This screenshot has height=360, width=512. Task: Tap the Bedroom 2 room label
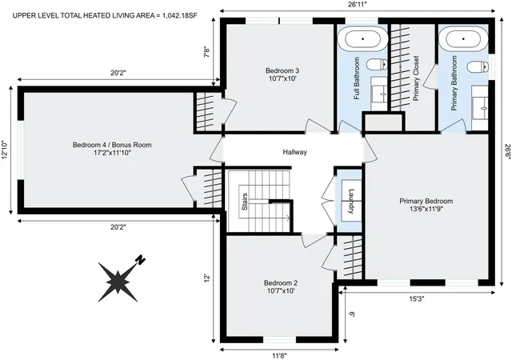281,286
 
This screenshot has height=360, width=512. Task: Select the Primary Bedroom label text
426,205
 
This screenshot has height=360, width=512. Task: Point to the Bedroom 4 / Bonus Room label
112,148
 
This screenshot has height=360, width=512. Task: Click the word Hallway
294,152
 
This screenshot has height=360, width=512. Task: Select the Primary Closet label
416,78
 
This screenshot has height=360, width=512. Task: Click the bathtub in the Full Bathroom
363,38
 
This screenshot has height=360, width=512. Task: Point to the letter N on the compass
139,260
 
